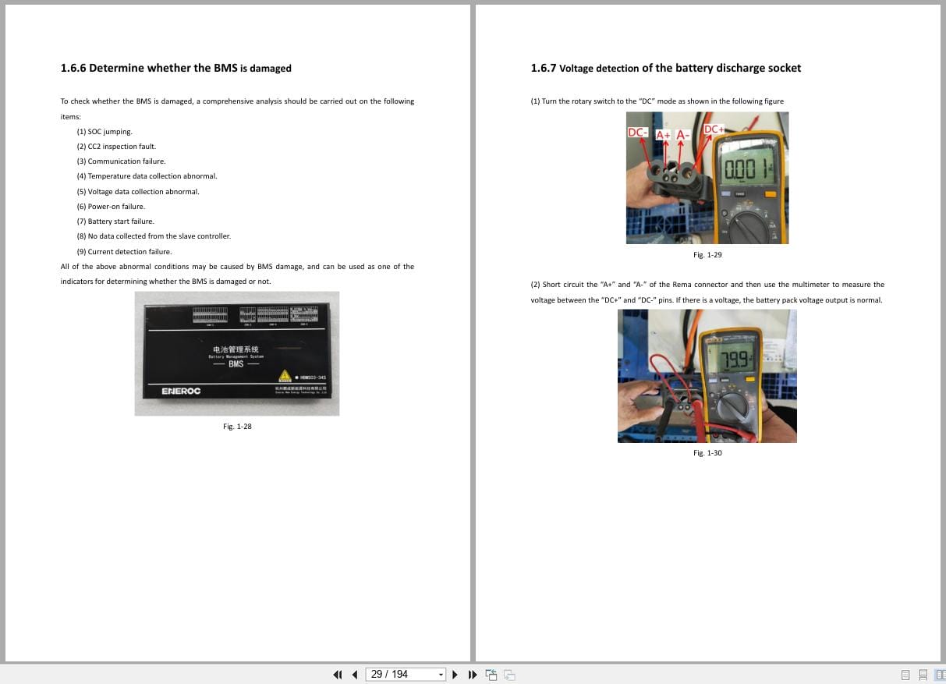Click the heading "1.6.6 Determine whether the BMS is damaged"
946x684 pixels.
(175, 68)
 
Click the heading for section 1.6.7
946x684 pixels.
(665, 68)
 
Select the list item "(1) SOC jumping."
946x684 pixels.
(105, 132)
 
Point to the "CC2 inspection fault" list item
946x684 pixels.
(116, 147)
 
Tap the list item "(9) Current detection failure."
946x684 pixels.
(124, 252)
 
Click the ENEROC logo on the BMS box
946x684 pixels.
(181, 391)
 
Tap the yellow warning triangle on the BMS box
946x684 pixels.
(285, 376)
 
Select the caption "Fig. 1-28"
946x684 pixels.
(237, 427)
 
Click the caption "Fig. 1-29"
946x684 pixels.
(707, 255)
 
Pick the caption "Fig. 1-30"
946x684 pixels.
(707, 453)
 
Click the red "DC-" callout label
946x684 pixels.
(638, 133)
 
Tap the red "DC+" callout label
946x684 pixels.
(714, 129)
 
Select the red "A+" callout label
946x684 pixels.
(663, 135)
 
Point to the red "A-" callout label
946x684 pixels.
(683, 135)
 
